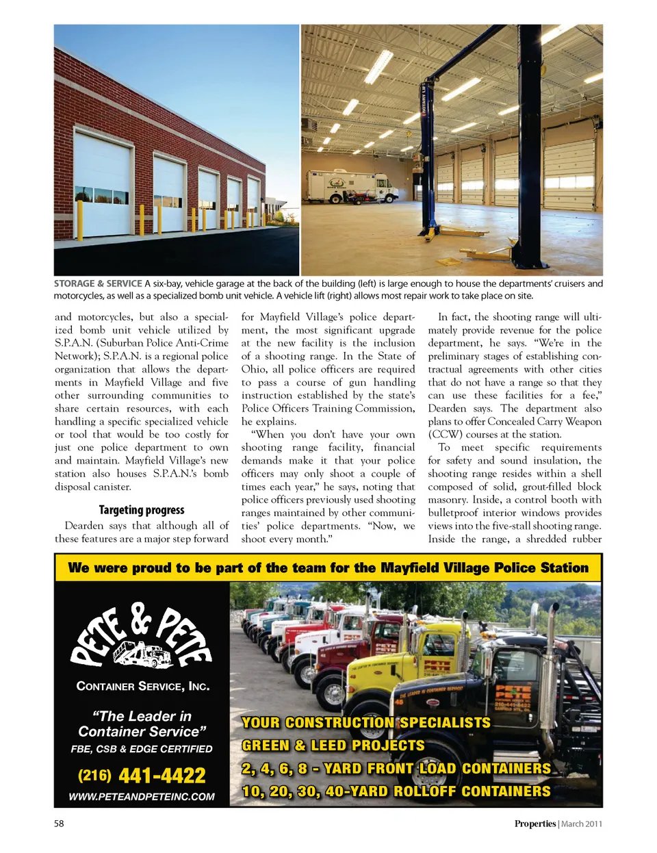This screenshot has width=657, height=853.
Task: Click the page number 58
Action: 59,824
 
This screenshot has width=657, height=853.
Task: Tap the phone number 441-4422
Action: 162,776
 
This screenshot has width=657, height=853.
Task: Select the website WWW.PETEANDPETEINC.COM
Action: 142,797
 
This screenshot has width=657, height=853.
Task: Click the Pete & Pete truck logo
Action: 142,637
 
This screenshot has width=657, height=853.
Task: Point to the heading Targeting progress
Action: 142,510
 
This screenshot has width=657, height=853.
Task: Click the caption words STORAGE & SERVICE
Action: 98,283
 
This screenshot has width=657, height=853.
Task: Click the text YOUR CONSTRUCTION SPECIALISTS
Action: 366,723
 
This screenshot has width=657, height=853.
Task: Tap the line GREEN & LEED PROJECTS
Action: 333,746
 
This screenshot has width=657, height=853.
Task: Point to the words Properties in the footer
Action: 534,824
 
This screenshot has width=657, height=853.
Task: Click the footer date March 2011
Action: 582,824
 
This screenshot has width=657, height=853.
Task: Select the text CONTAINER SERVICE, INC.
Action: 142,686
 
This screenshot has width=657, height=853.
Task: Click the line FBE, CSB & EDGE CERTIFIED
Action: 142,749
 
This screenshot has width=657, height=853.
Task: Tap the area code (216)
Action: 94,775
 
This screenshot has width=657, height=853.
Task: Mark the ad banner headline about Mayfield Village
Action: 328,568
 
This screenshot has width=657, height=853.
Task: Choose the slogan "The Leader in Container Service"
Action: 142,724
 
